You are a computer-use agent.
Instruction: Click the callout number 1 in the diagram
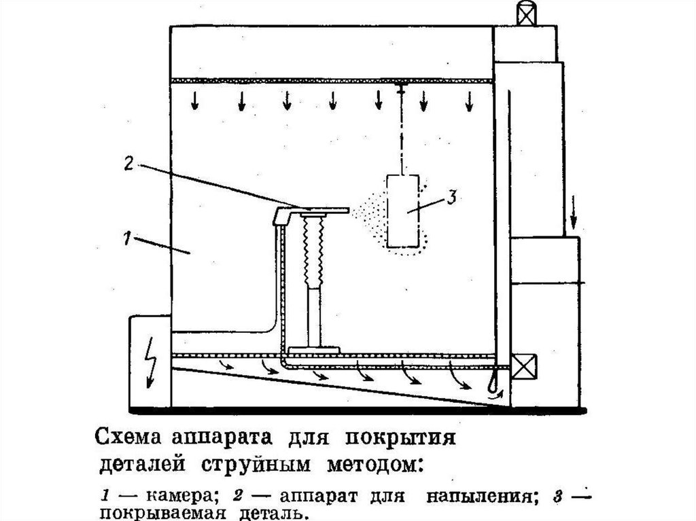(126, 239)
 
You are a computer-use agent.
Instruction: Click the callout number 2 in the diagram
(129, 163)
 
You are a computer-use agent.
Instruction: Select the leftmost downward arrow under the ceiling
(195, 101)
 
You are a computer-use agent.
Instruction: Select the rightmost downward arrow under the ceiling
(468, 101)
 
